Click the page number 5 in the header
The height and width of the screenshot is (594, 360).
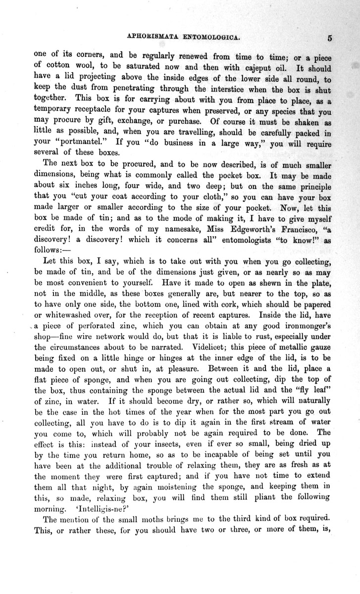point(329,37)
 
